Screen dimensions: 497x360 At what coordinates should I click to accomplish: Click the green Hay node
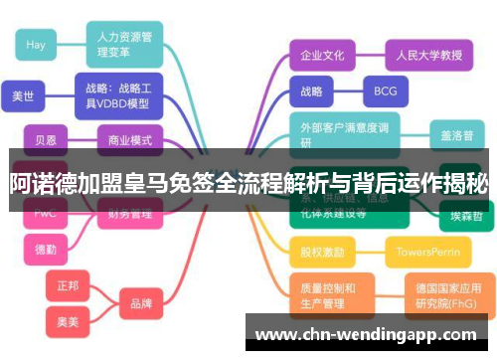tap(37, 45)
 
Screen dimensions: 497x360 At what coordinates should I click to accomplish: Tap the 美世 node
tap(23, 96)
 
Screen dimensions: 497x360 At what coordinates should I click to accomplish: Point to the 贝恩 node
tap(46, 140)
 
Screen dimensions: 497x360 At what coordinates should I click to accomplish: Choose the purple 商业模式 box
tap(129, 140)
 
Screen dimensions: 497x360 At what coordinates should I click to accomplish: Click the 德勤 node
tap(46, 249)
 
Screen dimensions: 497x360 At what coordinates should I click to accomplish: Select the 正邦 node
tap(68, 285)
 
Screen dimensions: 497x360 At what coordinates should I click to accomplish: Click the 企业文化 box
tap(322, 56)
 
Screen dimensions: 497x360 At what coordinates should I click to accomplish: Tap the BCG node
tap(385, 91)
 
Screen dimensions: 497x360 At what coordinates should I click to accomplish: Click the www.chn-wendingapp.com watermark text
tap(371, 334)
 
